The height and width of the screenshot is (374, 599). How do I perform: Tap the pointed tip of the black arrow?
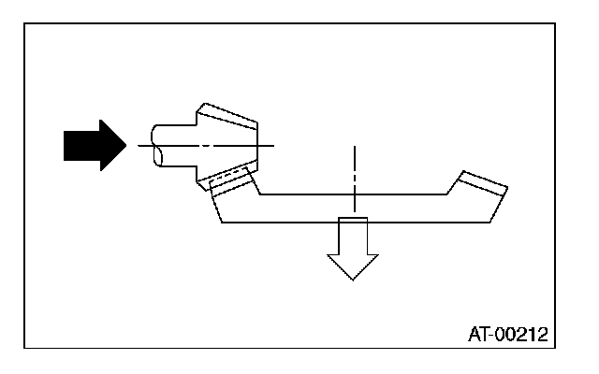pos(124,146)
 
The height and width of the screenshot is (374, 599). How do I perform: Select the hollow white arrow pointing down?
pos(354,247)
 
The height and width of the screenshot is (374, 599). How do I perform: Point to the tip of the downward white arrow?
pos(354,279)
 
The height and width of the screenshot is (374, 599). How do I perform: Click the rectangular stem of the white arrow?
pos(354,236)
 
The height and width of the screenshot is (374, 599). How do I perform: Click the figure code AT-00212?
pos(507,333)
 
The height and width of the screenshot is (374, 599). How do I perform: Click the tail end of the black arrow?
pos(66,146)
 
